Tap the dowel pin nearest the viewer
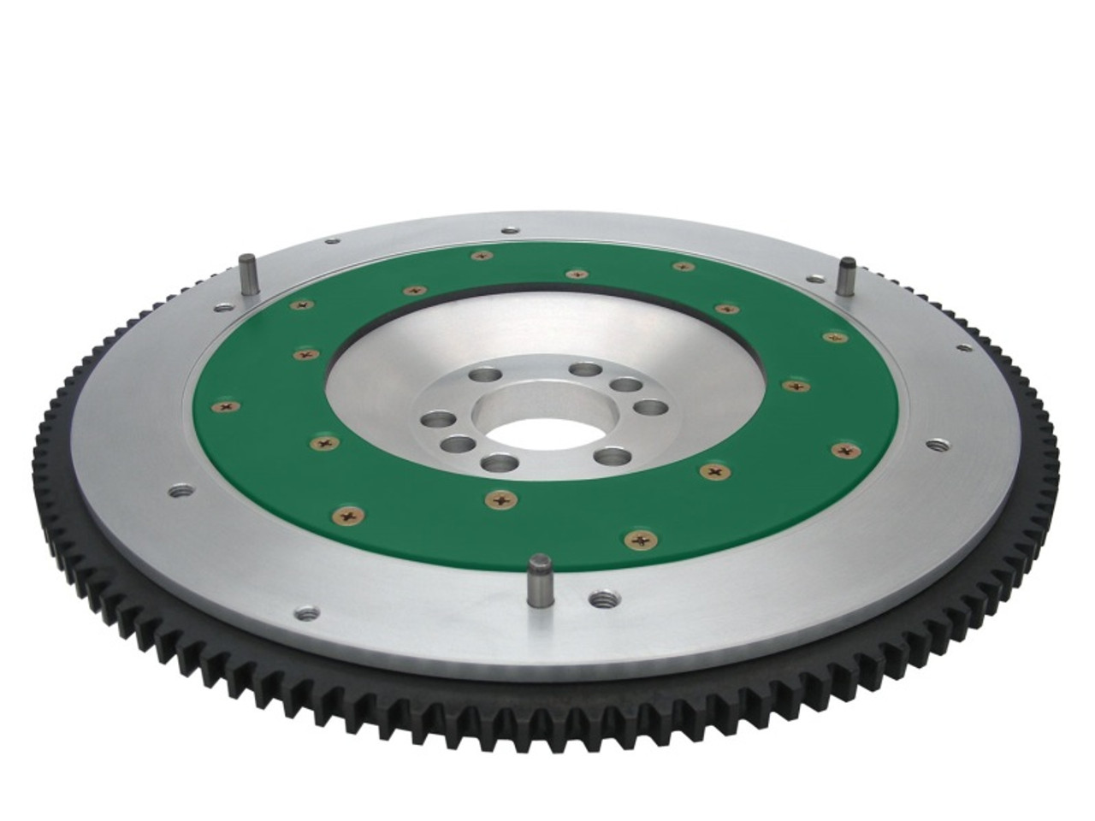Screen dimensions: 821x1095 pos(539,582)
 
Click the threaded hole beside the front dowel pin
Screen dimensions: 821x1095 pos(603,600)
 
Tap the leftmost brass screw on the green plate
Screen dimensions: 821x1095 pos(227,407)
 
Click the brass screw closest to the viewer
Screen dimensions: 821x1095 pos(641,539)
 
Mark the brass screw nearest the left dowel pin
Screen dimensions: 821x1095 pos(300,304)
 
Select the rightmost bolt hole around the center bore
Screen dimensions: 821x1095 pos(649,407)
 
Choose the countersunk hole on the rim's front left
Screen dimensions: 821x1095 pos(306,612)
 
